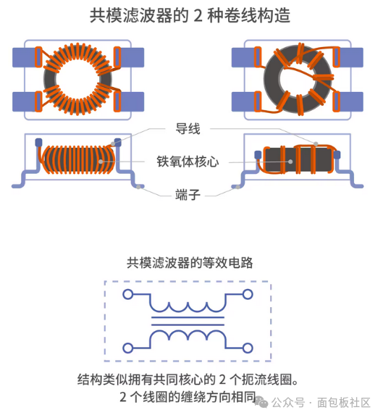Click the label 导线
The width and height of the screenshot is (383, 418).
pos(188,129)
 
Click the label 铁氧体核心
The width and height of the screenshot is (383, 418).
pos(188,162)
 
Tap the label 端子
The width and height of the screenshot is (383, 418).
pos(188,195)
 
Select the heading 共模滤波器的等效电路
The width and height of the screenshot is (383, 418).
pos(190,263)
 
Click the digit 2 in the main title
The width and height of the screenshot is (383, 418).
pos(198,16)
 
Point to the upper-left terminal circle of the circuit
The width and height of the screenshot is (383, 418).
pos(128,294)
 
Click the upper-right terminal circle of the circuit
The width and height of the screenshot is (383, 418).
pos(248,294)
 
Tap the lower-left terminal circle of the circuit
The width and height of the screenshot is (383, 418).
pos(128,348)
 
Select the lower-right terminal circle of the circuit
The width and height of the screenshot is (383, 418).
pos(248,348)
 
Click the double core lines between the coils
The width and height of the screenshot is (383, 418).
pos(188,321)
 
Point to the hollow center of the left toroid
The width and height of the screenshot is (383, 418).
pos(77,79)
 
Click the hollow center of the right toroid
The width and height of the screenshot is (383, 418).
pos(296,79)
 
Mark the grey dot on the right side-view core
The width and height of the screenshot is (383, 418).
pos(290,162)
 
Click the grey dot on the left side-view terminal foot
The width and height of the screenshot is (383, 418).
pos(138,187)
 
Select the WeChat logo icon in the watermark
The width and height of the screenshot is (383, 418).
pos(261,402)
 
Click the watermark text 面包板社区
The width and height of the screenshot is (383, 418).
pos(344,403)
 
